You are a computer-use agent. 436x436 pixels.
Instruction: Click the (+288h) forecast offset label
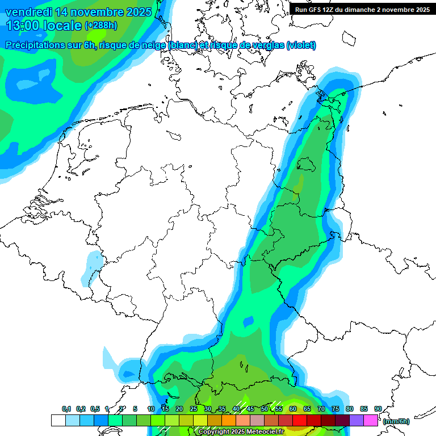click(101, 26)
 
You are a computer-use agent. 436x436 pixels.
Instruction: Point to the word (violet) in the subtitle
click(301, 45)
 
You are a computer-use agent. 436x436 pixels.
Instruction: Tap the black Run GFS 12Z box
click(362, 9)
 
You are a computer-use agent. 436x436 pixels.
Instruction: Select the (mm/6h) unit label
click(396, 421)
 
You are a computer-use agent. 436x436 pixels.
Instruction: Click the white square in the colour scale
click(58, 421)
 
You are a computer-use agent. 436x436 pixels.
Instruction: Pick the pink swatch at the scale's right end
click(371, 421)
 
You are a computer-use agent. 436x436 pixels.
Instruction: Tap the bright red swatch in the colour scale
click(299, 421)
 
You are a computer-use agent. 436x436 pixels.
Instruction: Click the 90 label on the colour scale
click(378, 409)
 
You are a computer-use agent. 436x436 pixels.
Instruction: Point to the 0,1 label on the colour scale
click(66, 409)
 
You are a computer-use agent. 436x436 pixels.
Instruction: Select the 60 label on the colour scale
click(292, 409)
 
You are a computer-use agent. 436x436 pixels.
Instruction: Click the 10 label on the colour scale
click(150, 409)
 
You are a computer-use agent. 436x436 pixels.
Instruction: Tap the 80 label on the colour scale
click(349, 409)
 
